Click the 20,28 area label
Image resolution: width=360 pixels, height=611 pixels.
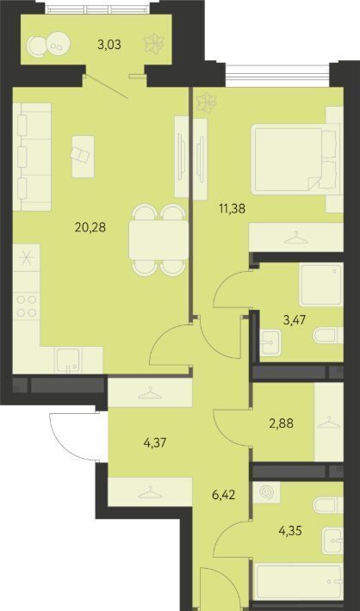tap(90, 227)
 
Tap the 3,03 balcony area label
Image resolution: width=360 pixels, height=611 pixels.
tap(109, 45)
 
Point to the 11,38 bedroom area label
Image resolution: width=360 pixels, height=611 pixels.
tap(232, 209)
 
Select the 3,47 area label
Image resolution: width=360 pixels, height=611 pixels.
tap(293, 320)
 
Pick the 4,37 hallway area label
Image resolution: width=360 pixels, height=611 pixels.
tap(155, 442)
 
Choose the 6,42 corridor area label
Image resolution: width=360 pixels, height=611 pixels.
tap(223, 496)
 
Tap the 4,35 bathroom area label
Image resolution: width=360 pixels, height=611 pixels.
tap(289, 531)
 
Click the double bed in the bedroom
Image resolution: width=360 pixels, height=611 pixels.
tap(295, 159)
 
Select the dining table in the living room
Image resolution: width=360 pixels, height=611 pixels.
tap(158, 240)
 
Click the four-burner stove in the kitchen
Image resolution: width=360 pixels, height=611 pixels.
tap(27, 306)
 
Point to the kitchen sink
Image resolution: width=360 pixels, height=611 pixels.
tap(68, 360)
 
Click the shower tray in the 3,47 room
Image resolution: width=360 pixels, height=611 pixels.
tap(321, 284)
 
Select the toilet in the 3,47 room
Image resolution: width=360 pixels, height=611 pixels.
tap(328, 336)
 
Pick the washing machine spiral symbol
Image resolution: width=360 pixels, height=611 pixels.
tap(266, 491)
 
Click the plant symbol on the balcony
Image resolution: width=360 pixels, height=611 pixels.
tap(154, 43)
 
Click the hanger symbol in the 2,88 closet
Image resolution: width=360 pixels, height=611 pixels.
tap(329, 423)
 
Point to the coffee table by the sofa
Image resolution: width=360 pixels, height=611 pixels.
tap(83, 157)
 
